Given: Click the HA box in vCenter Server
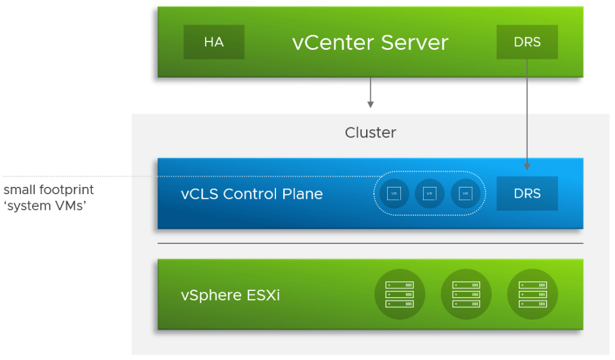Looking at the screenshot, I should [x=214, y=42].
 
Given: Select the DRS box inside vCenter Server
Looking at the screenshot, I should [x=527, y=42].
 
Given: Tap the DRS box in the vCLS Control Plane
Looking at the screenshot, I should [x=527, y=194].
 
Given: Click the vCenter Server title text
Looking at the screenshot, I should [x=370, y=43].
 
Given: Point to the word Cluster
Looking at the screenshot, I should [x=370, y=132].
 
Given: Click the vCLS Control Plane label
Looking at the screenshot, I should [x=252, y=194].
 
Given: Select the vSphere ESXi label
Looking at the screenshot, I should [x=230, y=295].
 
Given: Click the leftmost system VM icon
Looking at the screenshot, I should [x=394, y=194].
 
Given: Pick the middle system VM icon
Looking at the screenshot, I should [x=429, y=194].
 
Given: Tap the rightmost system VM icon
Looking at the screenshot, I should [x=465, y=194].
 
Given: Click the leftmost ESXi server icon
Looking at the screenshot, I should [x=400, y=294].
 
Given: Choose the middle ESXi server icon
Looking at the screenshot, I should [x=466, y=294].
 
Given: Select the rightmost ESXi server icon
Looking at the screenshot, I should [x=532, y=294].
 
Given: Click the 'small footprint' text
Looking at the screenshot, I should [x=49, y=190].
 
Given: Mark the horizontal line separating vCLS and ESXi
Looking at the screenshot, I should [x=370, y=243].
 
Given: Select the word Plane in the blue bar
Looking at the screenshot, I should [x=304, y=194].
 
